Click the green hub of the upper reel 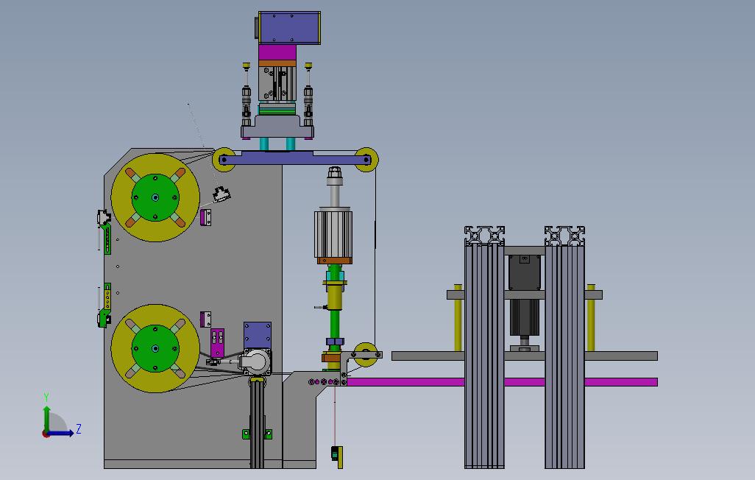point(155,197)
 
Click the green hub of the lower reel point(155,348)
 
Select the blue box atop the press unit point(289,28)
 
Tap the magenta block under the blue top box point(277,52)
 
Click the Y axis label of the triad point(46,397)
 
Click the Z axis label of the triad point(78,429)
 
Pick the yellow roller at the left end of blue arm point(224,160)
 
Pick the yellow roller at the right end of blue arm point(366,160)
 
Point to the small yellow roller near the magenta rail point(366,355)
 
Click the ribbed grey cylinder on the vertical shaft point(333,234)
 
